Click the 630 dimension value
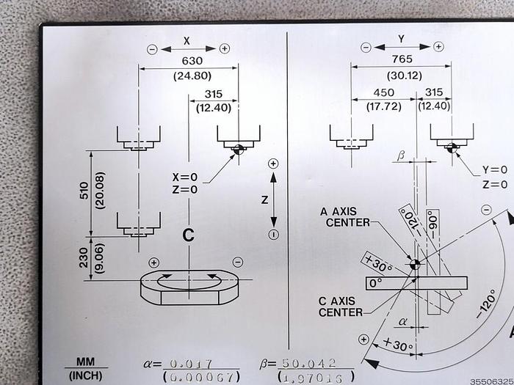(192, 61)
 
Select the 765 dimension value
(402, 59)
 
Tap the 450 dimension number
(384, 92)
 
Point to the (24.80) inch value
(192, 76)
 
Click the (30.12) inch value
(405, 76)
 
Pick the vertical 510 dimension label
(84, 191)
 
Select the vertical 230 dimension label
(84, 257)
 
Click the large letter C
(188, 235)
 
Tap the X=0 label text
(185, 177)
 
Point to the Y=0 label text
(495, 169)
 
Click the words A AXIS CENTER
(345, 217)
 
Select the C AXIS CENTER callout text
(341, 307)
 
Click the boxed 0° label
(376, 283)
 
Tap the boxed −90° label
(433, 224)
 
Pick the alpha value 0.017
(191, 364)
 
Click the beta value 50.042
(309, 363)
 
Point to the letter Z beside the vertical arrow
(265, 199)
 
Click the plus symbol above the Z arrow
(273, 164)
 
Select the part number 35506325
(492, 382)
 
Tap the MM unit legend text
(86, 362)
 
